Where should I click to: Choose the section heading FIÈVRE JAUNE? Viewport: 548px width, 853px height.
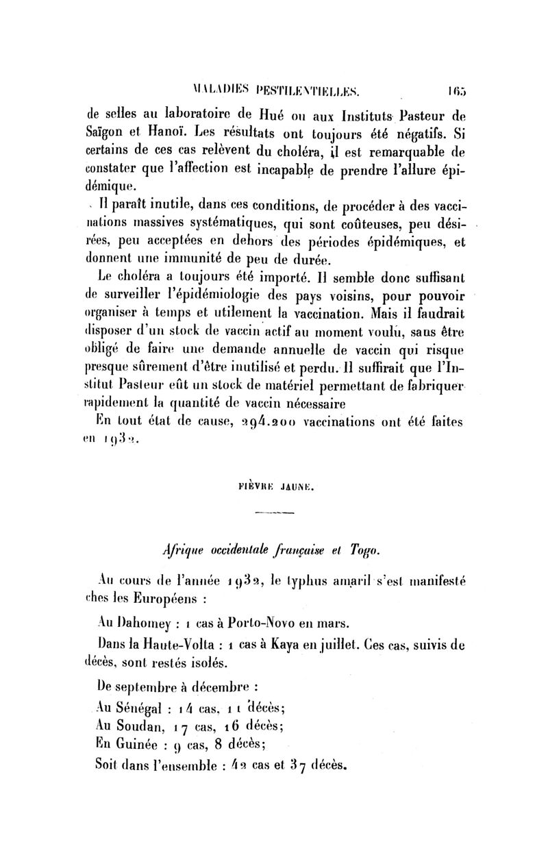click(274, 491)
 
